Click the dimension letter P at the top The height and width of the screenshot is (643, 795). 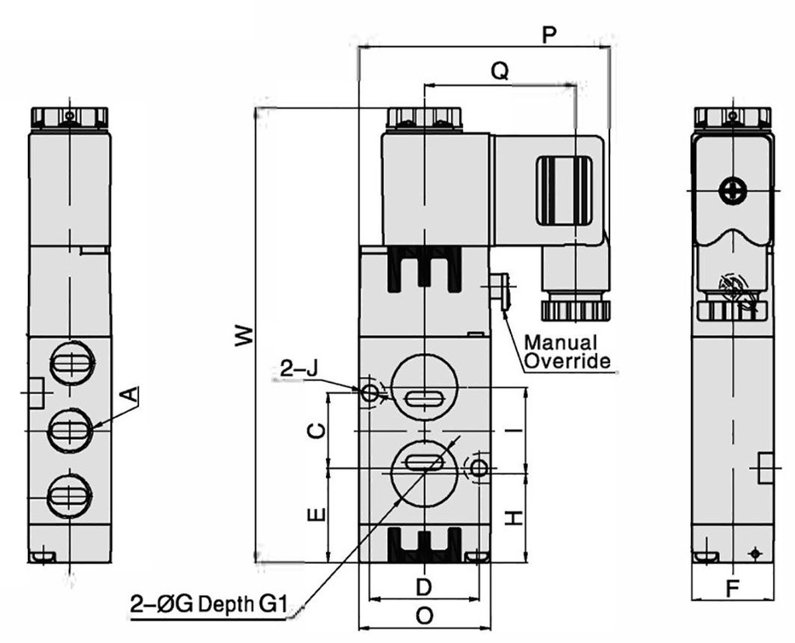(x=550, y=36)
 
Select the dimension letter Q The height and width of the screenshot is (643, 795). (x=501, y=71)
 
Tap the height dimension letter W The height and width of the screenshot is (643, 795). (x=243, y=335)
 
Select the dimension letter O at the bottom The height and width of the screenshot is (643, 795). (x=424, y=616)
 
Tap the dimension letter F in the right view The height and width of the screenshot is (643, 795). (x=732, y=589)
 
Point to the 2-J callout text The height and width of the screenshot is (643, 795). (x=298, y=371)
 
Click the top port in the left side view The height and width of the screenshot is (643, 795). (x=71, y=362)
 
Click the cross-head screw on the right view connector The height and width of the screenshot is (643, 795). (x=731, y=191)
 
